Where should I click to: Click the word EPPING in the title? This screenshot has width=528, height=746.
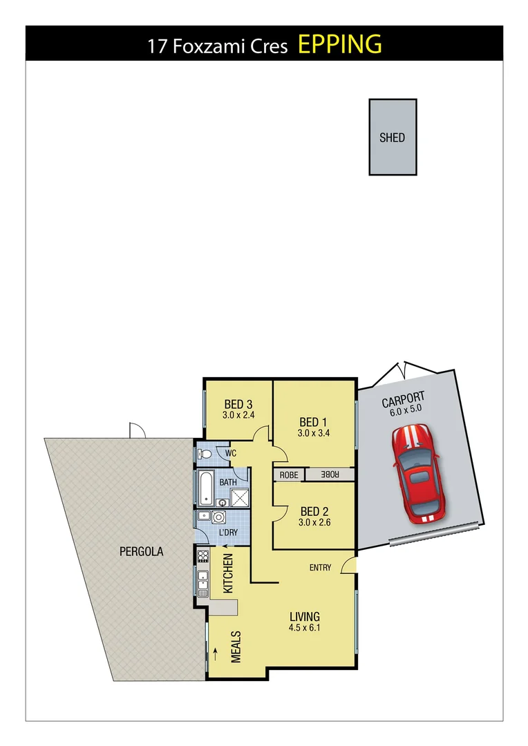pos(339,44)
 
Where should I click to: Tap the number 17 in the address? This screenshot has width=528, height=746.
pos(156,46)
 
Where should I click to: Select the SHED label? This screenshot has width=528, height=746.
pos(392,137)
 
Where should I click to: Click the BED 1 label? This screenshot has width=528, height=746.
pos(309,422)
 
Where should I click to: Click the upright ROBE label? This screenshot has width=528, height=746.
pos(289,475)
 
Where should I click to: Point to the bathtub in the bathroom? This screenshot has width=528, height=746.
pos(205,488)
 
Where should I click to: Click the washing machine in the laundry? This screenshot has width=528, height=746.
pos(220,517)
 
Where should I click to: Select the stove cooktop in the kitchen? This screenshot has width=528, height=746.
pos(203,555)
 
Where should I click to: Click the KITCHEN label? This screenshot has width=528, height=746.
pos(228,573)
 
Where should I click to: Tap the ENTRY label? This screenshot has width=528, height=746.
pos(320,568)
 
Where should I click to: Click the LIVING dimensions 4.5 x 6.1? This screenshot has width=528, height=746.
pos(304,628)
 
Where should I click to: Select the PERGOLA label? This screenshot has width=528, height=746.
pos(141,552)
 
